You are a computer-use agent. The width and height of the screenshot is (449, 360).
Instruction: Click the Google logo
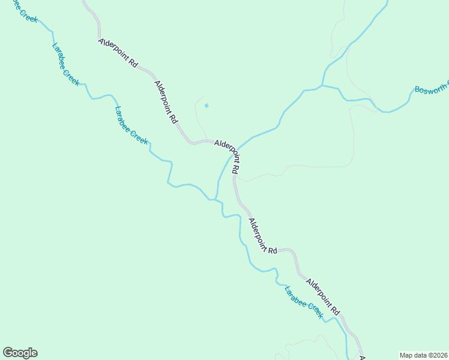pyautogui.click(x=20, y=353)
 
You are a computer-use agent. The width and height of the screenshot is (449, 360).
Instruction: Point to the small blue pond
pyautogui.click(x=206, y=106)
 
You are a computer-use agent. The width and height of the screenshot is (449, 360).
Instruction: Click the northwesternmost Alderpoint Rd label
pyautogui.click(x=118, y=53)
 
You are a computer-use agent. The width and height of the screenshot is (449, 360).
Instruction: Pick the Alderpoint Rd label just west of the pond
pyautogui.click(x=166, y=102)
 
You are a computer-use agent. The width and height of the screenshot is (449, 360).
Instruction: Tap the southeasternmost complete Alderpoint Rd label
pyautogui.click(x=322, y=296)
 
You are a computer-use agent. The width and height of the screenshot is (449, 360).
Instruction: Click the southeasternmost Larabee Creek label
pyautogui.click(x=304, y=302)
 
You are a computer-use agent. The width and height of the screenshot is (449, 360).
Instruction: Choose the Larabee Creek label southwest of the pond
pyautogui.click(x=131, y=125)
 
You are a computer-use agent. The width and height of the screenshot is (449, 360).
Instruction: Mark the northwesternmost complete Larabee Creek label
pyautogui.click(x=65, y=64)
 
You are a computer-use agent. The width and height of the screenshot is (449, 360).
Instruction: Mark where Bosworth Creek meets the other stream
pyautogui.click(x=323, y=86)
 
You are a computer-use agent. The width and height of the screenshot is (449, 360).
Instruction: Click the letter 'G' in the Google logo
pyautogui.click(x=8, y=352)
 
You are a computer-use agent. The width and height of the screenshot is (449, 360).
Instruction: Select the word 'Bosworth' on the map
pyautogui.click(x=429, y=88)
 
